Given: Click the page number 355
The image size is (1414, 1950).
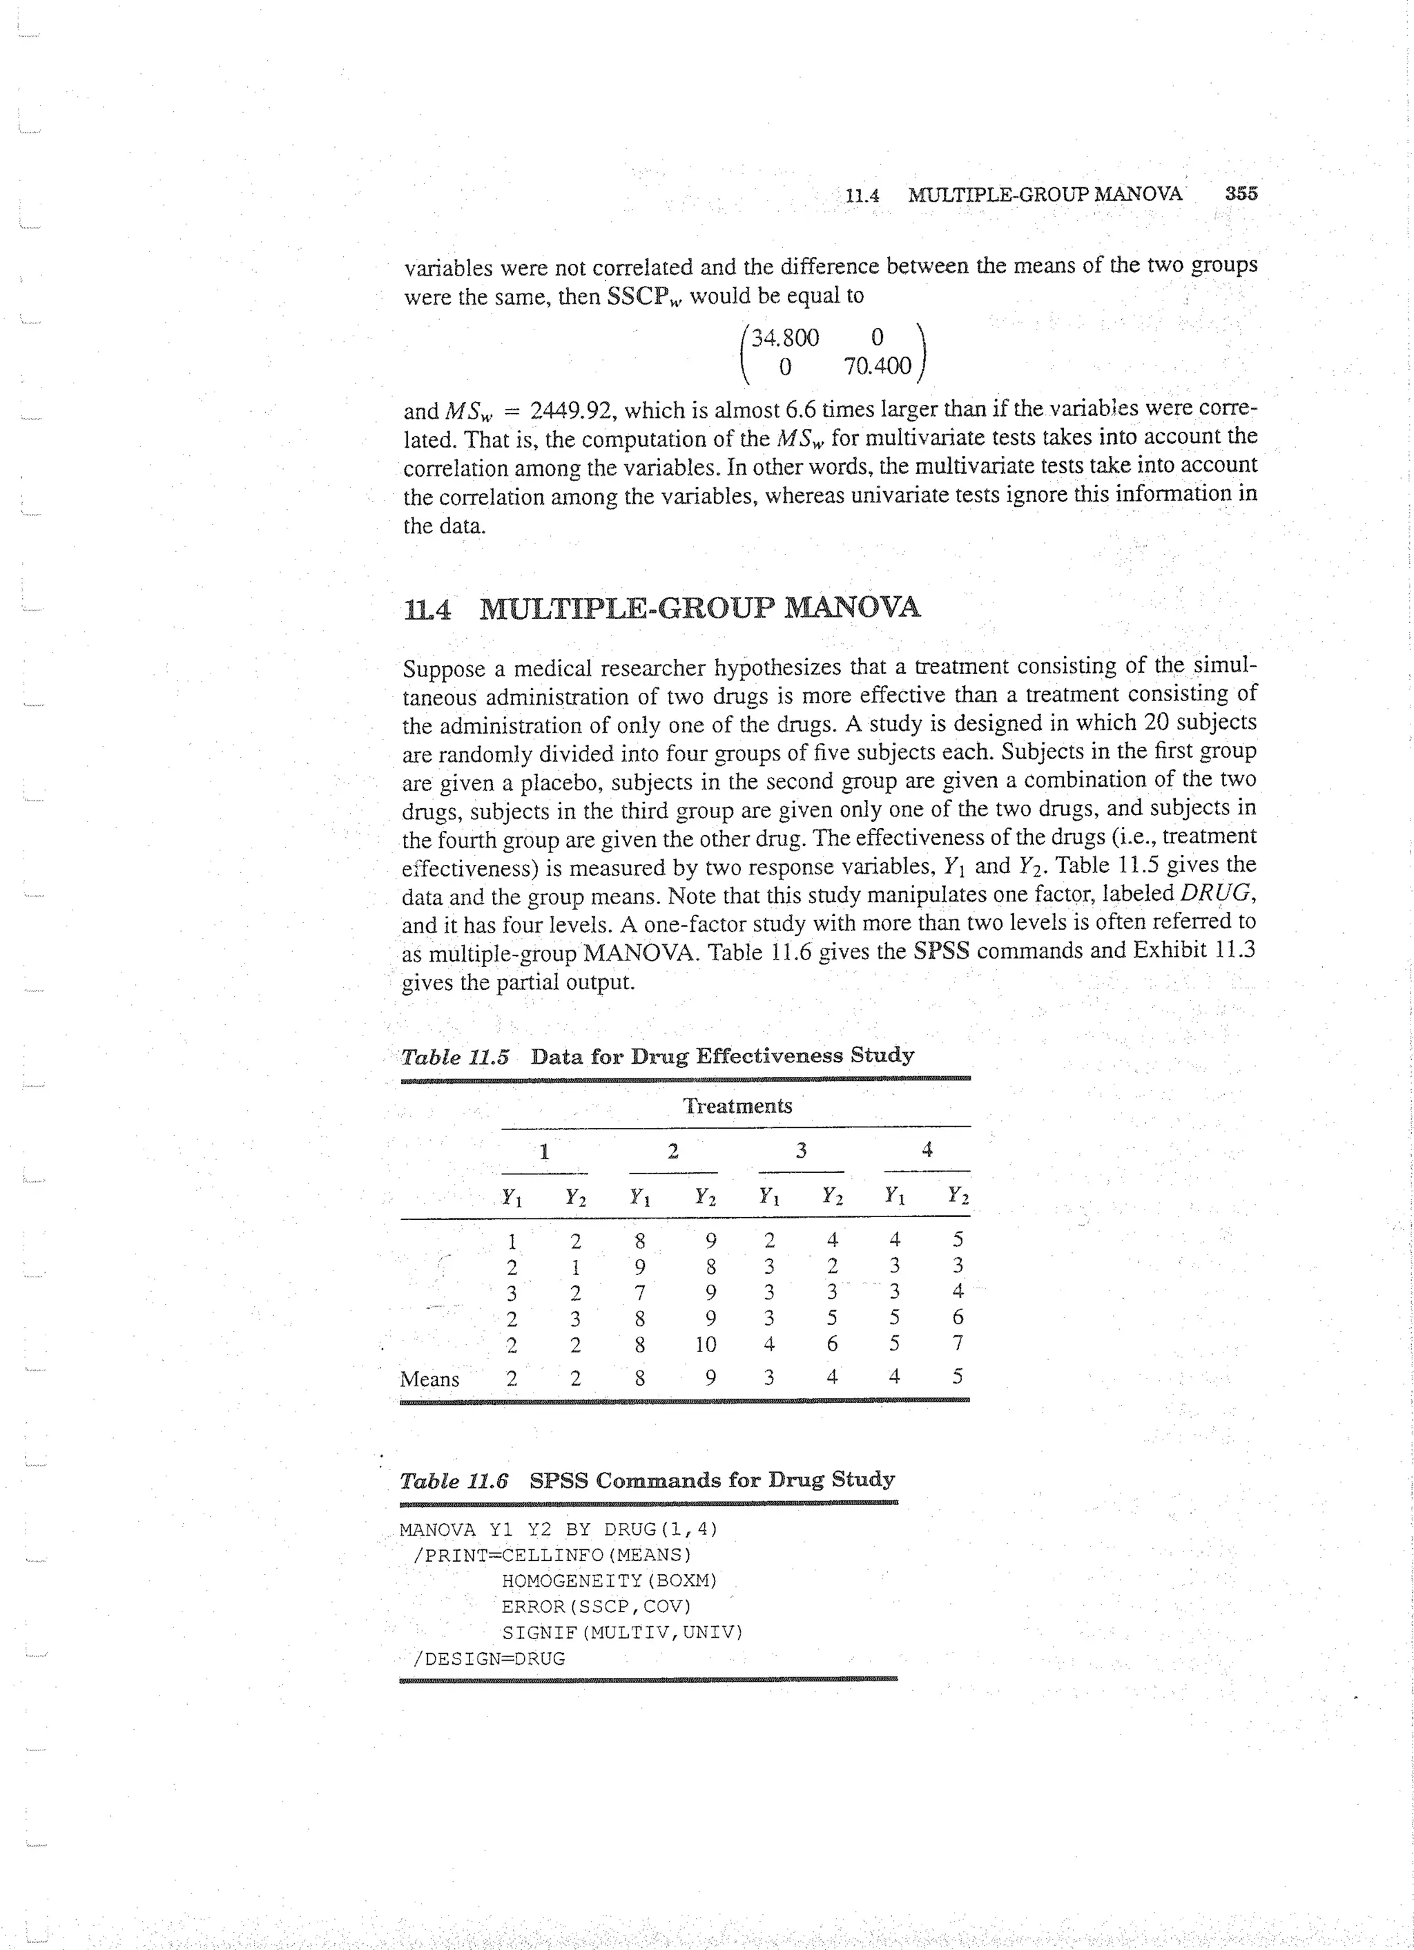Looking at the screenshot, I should (1241, 193).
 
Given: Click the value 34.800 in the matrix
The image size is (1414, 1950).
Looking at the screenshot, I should (785, 337).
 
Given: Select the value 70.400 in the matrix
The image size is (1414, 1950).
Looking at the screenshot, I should (876, 367).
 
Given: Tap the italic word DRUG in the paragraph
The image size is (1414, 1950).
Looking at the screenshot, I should (1218, 892).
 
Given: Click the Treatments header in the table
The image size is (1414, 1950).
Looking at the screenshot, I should (737, 1106).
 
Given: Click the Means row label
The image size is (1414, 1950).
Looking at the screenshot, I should (429, 1379).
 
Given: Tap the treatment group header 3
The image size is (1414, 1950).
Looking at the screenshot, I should (800, 1150).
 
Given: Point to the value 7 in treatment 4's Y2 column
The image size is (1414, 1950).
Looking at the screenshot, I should (958, 1343).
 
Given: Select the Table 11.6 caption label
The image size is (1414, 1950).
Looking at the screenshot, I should (454, 1480).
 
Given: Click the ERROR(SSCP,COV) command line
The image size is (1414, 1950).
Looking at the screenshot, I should (596, 1607).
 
